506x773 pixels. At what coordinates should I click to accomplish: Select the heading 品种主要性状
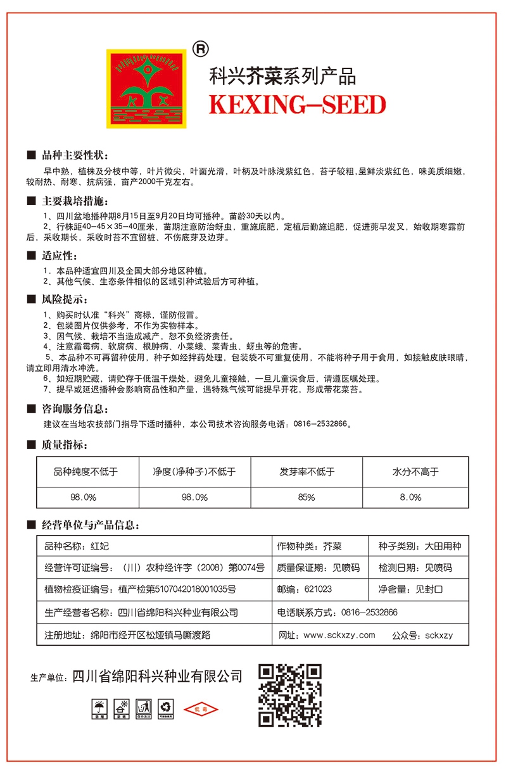coord(75,156)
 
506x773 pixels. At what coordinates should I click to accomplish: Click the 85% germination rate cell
coord(307,498)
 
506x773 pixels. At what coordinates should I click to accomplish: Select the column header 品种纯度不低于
coord(86,472)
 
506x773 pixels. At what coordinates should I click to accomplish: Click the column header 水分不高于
coord(415,472)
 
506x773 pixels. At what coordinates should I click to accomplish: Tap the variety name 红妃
coord(100,546)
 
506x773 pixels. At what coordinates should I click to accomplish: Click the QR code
coord(289,694)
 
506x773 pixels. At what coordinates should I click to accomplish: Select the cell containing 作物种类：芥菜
coord(310,546)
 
